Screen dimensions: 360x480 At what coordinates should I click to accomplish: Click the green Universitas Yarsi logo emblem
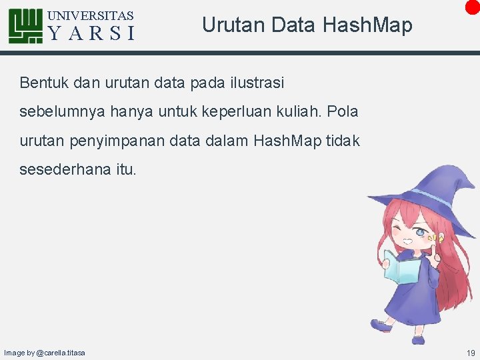pyautogui.click(x=25, y=26)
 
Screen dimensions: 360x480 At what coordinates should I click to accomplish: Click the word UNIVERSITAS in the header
pyautogui.click(x=91, y=15)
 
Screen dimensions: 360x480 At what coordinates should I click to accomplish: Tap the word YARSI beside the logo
pyautogui.click(x=91, y=33)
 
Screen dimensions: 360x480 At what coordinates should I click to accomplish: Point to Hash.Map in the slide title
pyautogui.click(x=367, y=25)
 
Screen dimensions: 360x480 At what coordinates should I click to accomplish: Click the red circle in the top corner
pyautogui.click(x=473, y=6)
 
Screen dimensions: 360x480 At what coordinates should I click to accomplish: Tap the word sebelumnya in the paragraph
pyautogui.click(x=62, y=111)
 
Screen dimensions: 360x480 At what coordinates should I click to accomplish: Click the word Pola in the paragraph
pyautogui.click(x=343, y=111)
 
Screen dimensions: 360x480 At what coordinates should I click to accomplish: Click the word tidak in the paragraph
pyautogui.click(x=343, y=141)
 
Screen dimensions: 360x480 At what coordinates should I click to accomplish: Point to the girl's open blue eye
pyautogui.click(x=421, y=233)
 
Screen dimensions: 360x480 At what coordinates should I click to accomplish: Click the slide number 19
pyautogui.click(x=471, y=353)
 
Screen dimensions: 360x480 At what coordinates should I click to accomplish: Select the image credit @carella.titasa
pyautogui.click(x=61, y=353)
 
